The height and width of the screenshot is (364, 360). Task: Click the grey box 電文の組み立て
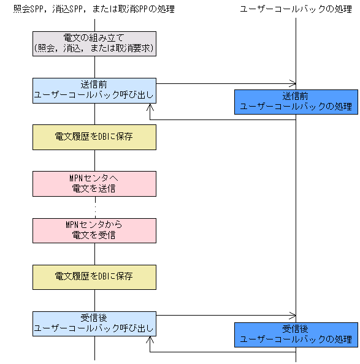click(94, 43)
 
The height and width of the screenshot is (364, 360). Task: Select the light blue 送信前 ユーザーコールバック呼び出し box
click(94, 90)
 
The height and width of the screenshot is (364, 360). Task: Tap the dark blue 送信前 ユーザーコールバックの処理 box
click(296, 102)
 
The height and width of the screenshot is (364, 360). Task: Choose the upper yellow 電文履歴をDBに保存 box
click(94, 137)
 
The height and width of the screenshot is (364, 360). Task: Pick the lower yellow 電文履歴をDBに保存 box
click(94, 277)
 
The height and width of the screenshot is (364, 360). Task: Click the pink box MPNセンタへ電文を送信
click(94, 183)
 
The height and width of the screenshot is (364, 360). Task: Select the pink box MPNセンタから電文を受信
click(94, 230)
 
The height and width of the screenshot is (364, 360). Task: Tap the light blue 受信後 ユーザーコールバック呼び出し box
click(94, 323)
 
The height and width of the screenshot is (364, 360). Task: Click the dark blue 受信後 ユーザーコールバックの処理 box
click(296, 334)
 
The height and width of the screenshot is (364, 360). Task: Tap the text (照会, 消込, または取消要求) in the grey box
click(94, 48)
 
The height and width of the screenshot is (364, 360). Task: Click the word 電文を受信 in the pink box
click(94, 235)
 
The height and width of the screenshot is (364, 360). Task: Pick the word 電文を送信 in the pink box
click(94, 188)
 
